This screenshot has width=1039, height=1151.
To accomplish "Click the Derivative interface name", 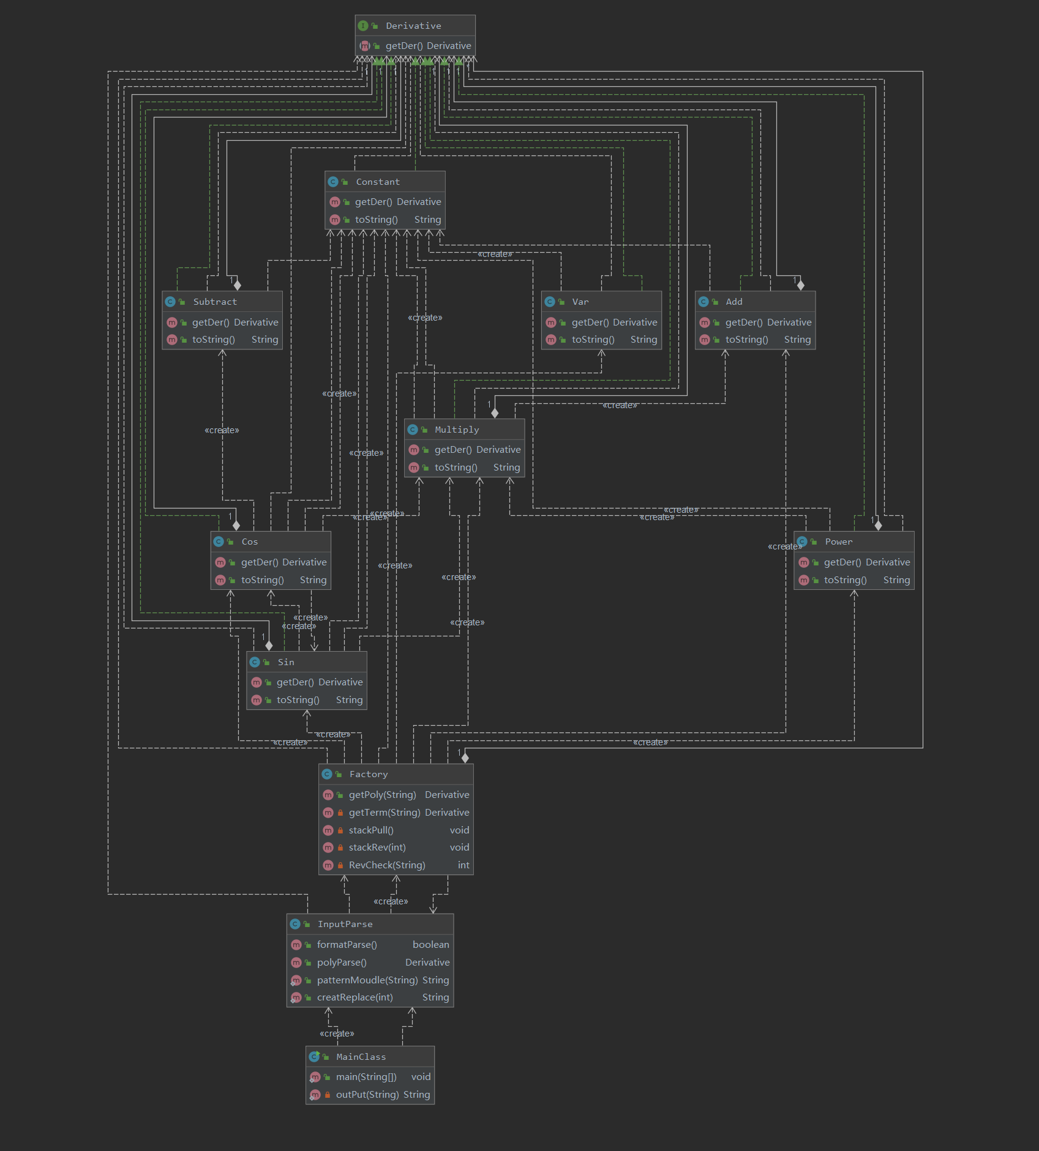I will [x=413, y=26].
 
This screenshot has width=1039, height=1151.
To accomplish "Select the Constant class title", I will [x=378, y=182].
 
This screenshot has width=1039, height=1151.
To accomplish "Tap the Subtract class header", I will [x=215, y=302].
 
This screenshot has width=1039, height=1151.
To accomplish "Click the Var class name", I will [x=580, y=302].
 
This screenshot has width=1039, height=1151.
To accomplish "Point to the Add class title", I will [x=734, y=302].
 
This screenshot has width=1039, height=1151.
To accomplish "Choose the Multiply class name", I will [x=457, y=430].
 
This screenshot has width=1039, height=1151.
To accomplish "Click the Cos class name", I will [x=250, y=542].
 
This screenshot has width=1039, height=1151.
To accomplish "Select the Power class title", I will [x=838, y=542].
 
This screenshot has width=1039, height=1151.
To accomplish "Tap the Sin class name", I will [x=286, y=662].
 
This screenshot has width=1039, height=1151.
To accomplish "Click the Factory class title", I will [x=369, y=774].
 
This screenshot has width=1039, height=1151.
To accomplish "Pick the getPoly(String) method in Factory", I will [x=382, y=795].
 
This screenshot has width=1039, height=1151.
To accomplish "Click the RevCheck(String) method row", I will [x=387, y=865].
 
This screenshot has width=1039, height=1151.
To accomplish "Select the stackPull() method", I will [x=371, y=830].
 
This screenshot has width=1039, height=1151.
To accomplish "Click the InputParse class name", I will [x=345, y=924].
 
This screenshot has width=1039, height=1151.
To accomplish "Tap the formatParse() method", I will [x=347, y=945].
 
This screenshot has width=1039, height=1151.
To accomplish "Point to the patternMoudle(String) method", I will [x=367, y=980].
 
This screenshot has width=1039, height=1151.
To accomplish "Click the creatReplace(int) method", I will [x=355, y=997].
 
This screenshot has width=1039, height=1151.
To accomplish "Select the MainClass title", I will [x=361, y=1057].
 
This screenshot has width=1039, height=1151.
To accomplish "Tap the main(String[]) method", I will [x=366, y=1077].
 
